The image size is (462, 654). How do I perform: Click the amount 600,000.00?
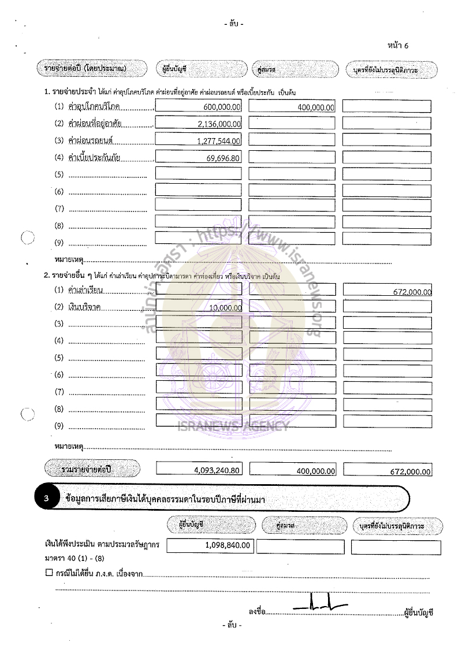pyautogui.click(x=222, y=107)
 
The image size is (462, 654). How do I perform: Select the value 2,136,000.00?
pyautogui.click(x=219, y=124)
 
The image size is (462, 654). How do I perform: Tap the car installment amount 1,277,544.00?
pyautogui.click(x=219, y=141)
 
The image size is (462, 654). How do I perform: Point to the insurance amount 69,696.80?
pyautogui.click(x=222, y=158)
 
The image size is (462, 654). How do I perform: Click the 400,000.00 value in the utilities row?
pyautogui.click(x=316, y=107)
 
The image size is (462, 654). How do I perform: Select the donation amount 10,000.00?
pyautogui.click(x=225, y=309)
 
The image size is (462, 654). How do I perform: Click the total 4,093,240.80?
pyautogui.click(x=217, y=470)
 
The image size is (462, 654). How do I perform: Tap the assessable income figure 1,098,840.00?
pyautogui.click(x=228, y=545)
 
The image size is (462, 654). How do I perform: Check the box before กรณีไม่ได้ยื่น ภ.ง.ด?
pyautogui.click(x=49, y=573)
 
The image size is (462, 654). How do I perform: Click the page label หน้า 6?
pyautogui.click(x=398, y=46)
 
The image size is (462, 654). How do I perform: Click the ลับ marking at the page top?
pyautogui.click(x=233, y=24)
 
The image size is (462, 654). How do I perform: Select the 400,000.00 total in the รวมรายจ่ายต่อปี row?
pyautogui.click(x=316, y=471)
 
